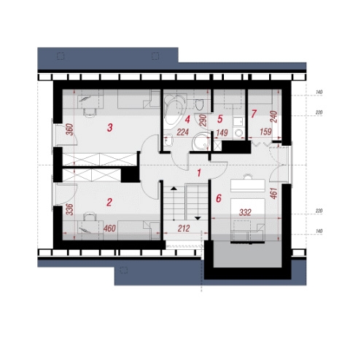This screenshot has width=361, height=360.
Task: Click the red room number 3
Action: (x=110, y=128)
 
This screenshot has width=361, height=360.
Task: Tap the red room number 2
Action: (x=109, y=202)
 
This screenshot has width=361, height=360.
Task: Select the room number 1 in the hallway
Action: (x=199, y=173)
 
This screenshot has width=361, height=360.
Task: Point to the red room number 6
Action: (x=219, y=198)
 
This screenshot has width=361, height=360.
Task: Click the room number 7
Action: (x=254, y=114)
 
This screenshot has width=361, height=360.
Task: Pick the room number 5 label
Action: (x=220, y=119)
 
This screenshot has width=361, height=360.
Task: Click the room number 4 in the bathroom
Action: (x=187, y=120)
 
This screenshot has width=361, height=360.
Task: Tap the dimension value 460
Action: (x=109, y=229)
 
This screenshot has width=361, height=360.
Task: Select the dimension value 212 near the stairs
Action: (x=184, y=229)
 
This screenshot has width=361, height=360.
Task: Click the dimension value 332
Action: (x=245, y=213)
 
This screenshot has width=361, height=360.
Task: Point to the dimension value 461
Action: (x=273, y=193)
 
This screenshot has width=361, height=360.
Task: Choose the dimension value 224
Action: (x=182, y=132)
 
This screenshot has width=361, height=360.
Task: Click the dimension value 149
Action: (x=222, y=133)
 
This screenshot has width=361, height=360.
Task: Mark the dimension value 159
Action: (x=265, y=132)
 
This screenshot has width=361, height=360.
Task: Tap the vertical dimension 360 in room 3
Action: (x=69, y=130)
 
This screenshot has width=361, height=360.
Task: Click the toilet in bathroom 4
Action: (x=200, y=104)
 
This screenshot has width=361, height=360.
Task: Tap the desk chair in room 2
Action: (x=90, y=216)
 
